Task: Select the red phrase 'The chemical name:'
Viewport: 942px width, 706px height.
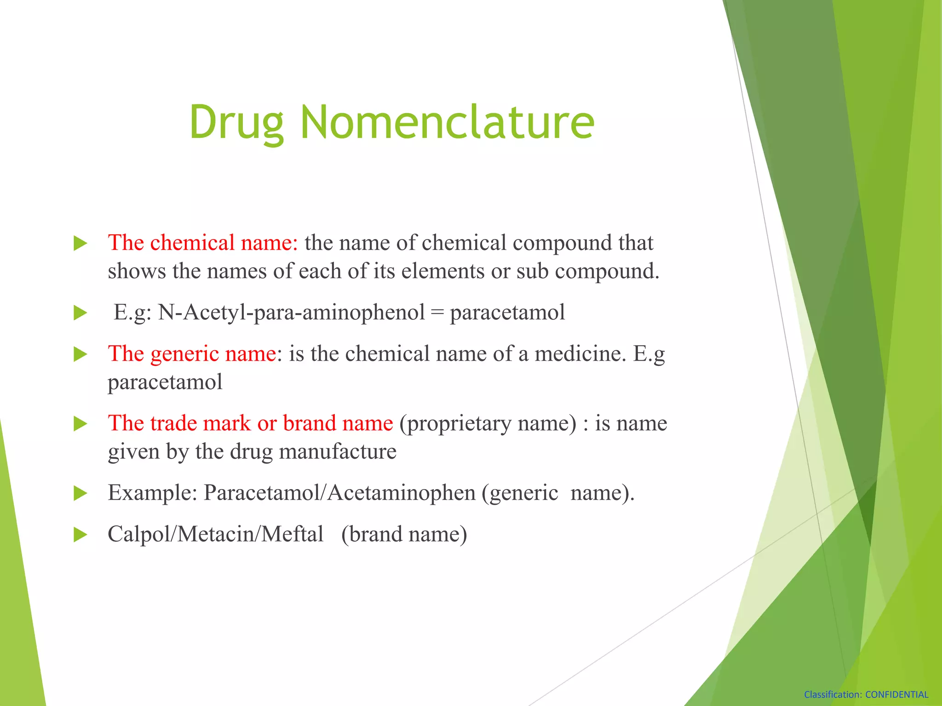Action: [203, 243]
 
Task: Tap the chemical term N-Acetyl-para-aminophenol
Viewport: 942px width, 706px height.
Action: [292, 313]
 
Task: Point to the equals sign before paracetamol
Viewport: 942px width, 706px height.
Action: [437, 313]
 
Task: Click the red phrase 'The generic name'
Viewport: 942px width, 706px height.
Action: [192, 354]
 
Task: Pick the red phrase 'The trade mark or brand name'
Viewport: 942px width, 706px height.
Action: [250, 423]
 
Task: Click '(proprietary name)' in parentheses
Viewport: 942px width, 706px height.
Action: [488, 424]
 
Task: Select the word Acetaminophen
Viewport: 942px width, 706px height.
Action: [402, 493]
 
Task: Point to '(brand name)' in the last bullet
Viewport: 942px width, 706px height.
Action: [404, 535]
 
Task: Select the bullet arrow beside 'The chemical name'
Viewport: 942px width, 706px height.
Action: [80, 244]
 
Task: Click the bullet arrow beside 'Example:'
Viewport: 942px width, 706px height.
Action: [80, 493]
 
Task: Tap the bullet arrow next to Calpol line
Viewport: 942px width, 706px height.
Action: [80, 535]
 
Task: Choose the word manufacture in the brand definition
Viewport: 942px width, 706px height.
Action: [338, 452]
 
